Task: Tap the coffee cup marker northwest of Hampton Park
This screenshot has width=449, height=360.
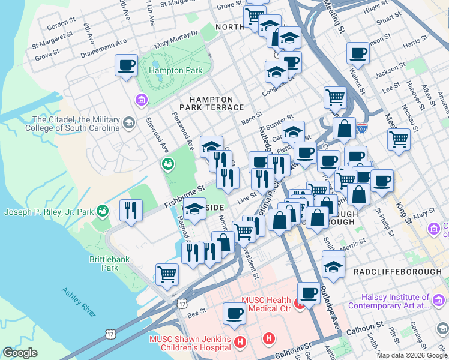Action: [x=126, y=65]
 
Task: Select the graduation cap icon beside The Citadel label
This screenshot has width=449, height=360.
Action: [x=128, y=124]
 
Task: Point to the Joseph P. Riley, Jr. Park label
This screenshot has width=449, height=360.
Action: [x=49, y=212]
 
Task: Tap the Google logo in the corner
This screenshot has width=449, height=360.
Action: [x=20, y=352]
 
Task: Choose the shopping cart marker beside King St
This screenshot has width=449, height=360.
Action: [x=398, y=139]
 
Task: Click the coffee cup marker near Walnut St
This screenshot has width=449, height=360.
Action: [x=358, y=53]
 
